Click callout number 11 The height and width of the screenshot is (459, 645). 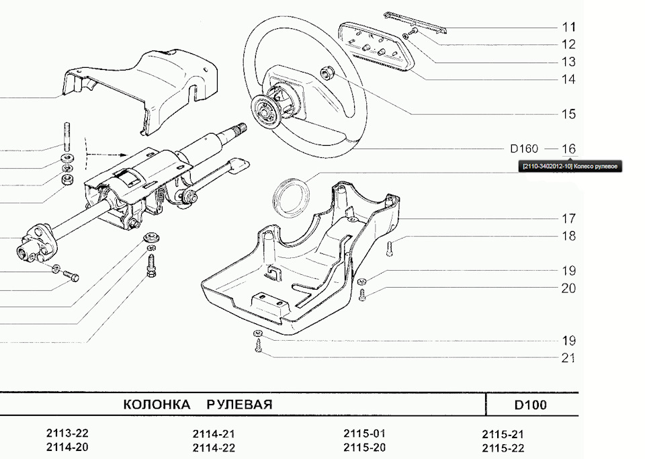(568, 28)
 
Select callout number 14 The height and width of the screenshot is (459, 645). (568, 79)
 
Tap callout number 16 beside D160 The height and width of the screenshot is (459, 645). (568, 149)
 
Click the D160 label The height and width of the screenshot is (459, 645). (524, 149)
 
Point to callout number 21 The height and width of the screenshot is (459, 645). (568, 358)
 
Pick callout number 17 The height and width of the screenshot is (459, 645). (568, 218)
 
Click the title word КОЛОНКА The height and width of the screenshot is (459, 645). (157, 405)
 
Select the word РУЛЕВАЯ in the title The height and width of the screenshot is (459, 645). (239, 405)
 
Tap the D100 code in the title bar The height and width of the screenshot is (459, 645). (530, 405)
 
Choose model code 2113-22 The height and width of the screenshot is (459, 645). (67, 433)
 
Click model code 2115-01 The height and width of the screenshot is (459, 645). (364, 433)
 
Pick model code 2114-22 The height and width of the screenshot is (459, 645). (214, 448)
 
